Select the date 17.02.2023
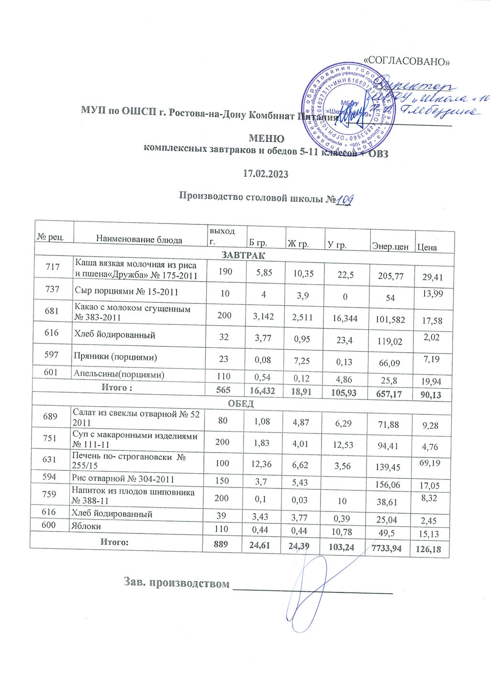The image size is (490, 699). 266,174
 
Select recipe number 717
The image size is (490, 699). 53,267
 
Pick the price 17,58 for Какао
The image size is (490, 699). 431,321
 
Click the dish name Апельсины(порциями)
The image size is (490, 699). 119,375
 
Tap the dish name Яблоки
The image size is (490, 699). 87,526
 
